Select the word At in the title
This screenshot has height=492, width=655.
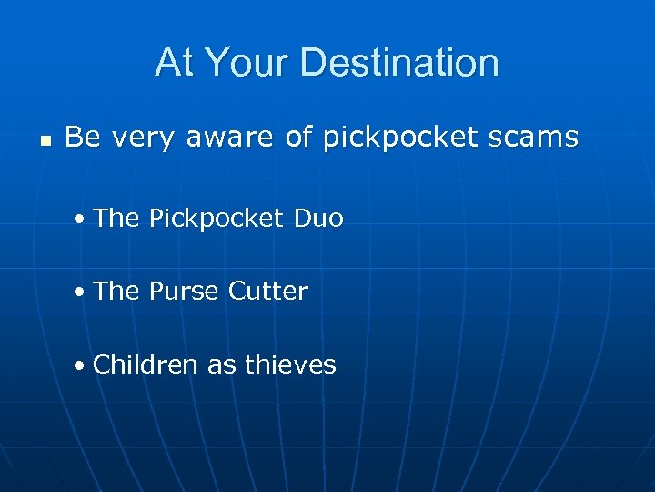174,63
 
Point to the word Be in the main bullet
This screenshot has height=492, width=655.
82,138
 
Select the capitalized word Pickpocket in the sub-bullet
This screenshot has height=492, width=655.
217,219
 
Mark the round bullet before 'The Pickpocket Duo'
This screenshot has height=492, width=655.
82,220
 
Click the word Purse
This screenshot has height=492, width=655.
184,292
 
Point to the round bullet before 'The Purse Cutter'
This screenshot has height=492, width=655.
82,292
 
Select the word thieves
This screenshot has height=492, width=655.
290,365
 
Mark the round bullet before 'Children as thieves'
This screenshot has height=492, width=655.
82,366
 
